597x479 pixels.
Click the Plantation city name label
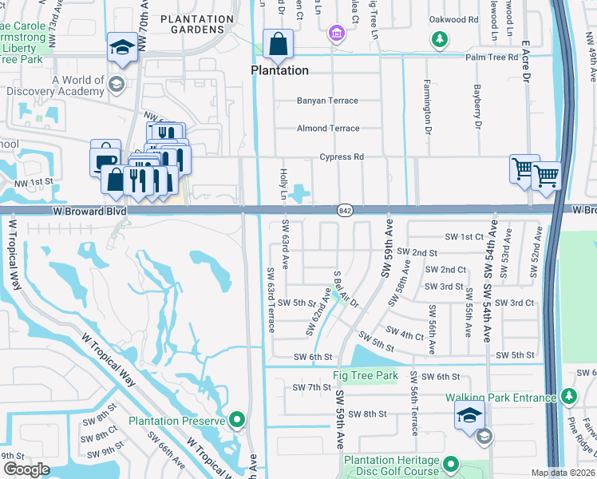coord(279,70)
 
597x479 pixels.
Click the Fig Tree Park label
coord(365,375)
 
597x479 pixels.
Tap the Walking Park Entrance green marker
coord(567,396)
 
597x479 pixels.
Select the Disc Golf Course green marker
coord(450,464)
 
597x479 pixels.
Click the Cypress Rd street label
coord(342,157)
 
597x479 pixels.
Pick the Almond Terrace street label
coord(328,129)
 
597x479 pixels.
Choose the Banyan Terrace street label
coord(327,101)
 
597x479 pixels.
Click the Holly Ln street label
coord(283,184)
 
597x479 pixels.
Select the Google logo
coord(26,469)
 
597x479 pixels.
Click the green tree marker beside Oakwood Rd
coord(438,38)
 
